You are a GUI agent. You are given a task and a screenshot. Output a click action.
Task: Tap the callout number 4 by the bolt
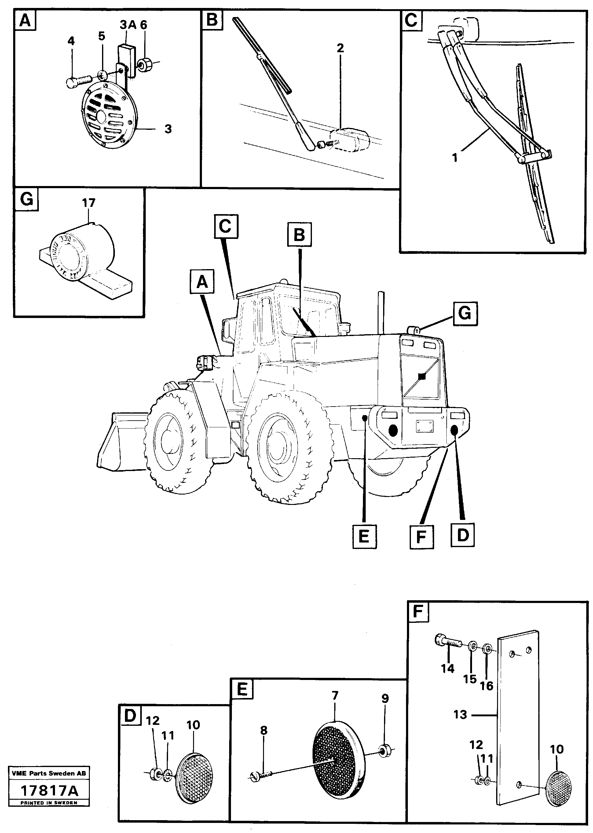coord(71,41)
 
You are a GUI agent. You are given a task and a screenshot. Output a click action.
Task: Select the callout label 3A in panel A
coord(127,25)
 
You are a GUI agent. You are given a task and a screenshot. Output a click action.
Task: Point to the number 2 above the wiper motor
coord(340,48)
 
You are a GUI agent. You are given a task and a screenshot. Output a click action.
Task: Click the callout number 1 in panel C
coord(455,158)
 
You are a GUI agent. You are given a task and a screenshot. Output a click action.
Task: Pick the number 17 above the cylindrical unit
coord(89,203)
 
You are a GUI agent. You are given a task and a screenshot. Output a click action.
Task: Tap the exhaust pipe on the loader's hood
coord(381,312)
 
